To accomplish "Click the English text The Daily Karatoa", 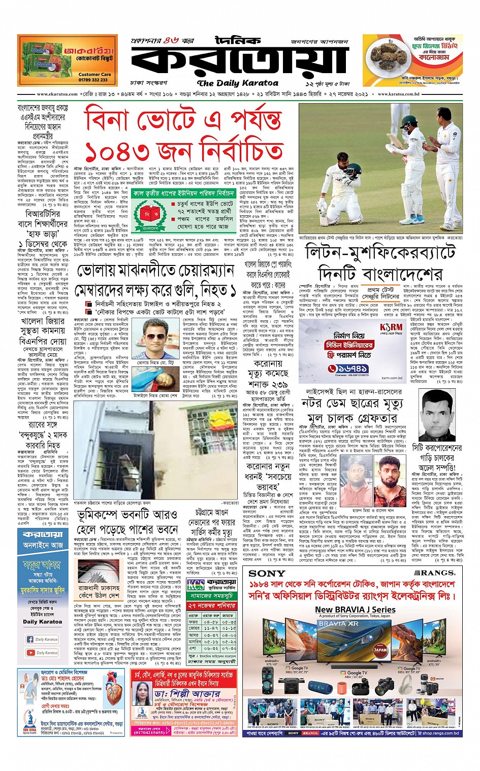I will pyautogui.click(x=238, y=83).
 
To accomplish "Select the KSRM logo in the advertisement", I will pyautogui.click(x=391, y=329).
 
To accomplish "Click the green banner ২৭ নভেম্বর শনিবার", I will pyautogui.click(x=212, y=606).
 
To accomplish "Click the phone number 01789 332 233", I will pyautogui.click(x=93, y=80).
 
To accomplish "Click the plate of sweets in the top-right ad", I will pyautogui.click(x=389, y=61).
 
